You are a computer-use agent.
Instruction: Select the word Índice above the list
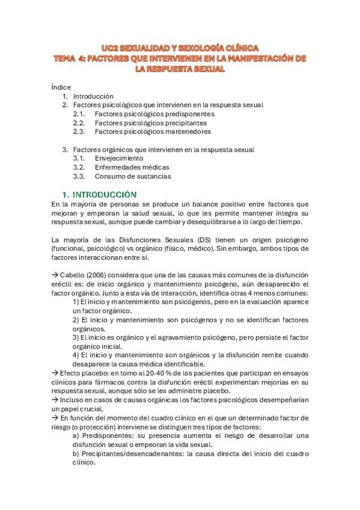coord(61,87)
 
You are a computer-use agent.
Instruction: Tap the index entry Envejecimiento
coord(118,158)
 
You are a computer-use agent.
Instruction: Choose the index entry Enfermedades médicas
coord(132,167)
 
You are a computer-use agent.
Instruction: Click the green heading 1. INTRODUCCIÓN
coord(100,194)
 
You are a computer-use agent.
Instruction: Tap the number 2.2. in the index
coord(79,123)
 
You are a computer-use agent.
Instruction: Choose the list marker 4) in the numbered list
coord(76,355)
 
